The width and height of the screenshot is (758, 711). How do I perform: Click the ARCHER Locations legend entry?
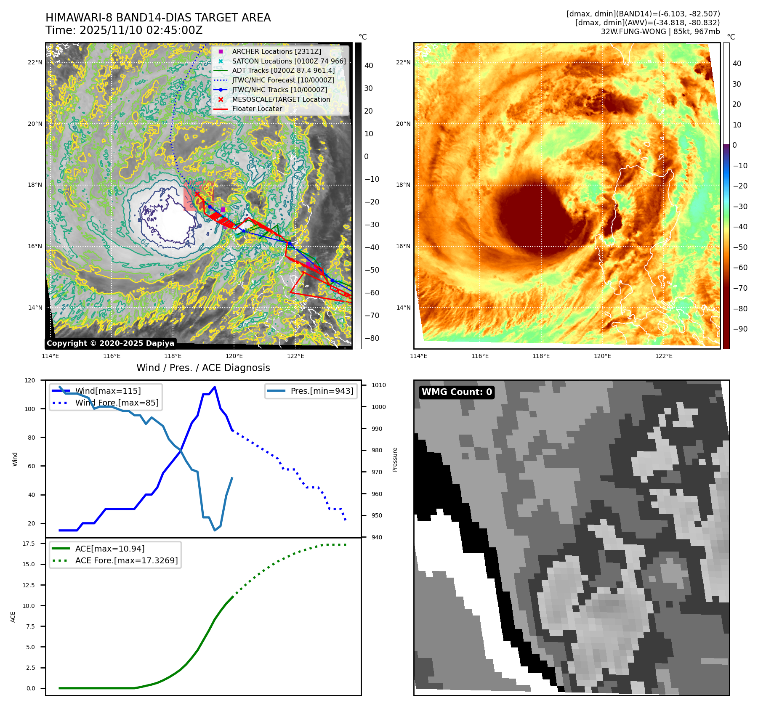click(x=277, y=51)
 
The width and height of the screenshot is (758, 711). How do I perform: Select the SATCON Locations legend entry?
click(x=289, y=61)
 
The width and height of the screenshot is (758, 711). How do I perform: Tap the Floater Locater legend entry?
click(x=257, y=109)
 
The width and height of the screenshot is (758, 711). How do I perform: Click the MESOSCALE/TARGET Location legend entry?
click(x=281, y=99)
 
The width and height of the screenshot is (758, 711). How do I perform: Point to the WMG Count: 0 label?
click(x=457, y=392)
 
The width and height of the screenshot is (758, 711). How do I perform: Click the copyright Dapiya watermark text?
click(x=110, y=343)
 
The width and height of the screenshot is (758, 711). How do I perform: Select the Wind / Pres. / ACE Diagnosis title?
click(x=203, y=368)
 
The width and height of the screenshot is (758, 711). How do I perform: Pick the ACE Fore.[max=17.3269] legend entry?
click(x=126, y=560)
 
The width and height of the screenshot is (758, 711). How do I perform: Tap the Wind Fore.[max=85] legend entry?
click(x=117, y=403)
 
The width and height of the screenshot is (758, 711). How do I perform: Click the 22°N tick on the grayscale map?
click(x=35, y=63)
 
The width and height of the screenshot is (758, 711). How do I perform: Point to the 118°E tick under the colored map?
click(x=541, y=356)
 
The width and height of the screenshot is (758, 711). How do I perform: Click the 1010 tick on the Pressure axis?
click(x=378, y=385)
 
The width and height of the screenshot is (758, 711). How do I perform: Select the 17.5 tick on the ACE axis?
click(x=29, y=544)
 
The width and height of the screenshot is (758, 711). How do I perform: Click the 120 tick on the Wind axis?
click(x=30, y=380)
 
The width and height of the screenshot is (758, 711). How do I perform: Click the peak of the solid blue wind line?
click(x=215, y=387)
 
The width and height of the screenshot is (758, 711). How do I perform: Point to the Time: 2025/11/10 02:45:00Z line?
click(x=124, y=30)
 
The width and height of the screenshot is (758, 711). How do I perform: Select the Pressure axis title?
click(x=395, y=459)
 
